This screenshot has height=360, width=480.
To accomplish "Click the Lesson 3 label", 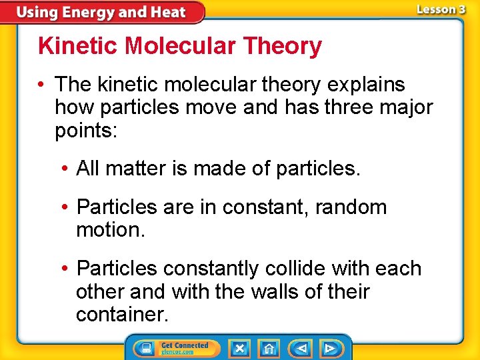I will pos(440,10).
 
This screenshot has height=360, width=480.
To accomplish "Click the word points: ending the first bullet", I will pos(86,131).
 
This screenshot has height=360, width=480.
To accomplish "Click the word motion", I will pos(110,231).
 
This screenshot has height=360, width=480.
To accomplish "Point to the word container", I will pos(123,314).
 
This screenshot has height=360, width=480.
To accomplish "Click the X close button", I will pos(239,349).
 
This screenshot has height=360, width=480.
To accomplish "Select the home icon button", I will pos(269,349).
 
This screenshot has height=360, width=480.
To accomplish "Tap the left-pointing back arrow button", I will pos(301,349).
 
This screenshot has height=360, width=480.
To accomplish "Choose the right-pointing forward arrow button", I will pos(329,349).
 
